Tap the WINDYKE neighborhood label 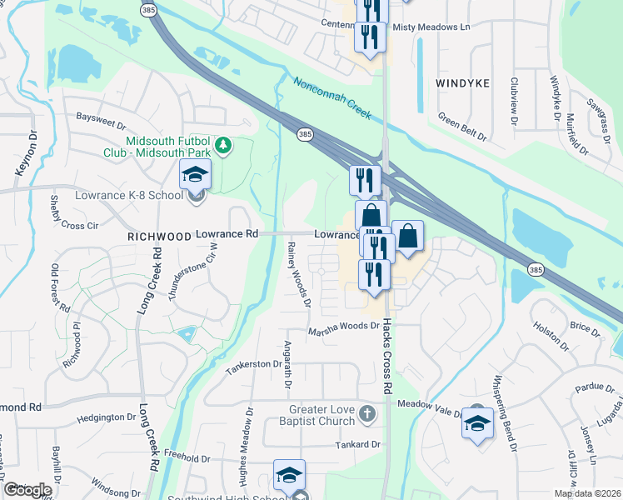click(462, 83)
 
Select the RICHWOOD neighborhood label click(160, 237)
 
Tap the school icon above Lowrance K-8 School click(195, 175)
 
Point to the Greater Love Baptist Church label click(322, 415)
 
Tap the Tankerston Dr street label click(253, 364)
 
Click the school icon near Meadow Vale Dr click(477, 422)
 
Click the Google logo click(27, 489)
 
